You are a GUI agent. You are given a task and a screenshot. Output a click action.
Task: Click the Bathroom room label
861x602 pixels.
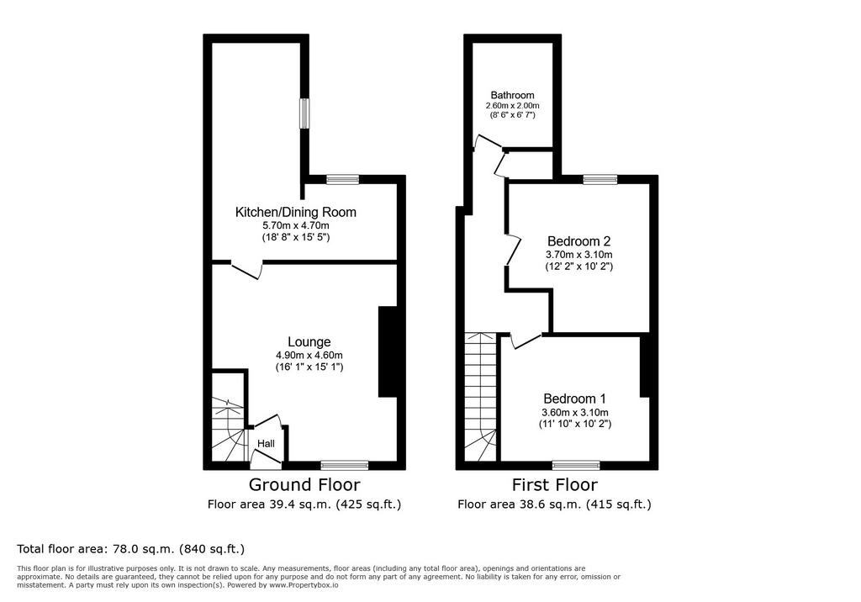click(x=512, y=95)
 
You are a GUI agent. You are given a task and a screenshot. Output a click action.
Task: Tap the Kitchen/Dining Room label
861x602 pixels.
click(x=295, y=212)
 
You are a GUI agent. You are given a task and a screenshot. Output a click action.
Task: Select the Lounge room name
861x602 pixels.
click(x=309, y=342)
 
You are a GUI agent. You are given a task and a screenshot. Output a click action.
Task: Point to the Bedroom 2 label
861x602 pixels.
click(x=578, y=241)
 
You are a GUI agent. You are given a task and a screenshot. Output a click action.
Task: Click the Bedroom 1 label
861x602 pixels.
click(x=574, y=399)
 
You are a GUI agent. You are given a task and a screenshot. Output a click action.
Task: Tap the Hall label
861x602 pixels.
click(x=267, y=443)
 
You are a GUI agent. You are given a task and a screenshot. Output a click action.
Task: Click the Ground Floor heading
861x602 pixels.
click(x=304, y=484)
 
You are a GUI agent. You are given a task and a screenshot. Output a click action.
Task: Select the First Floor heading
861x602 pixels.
click(x=555, y=484)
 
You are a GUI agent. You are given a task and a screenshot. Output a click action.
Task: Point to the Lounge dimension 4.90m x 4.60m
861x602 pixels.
click(x=309, y=356)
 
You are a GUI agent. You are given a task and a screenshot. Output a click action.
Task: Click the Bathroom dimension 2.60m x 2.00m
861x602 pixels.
click(x=512, y=105)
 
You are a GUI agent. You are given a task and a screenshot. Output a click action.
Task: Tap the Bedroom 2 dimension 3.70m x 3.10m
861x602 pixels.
click(x=578, y=254)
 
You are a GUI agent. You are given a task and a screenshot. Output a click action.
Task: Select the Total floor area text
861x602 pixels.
click(x=130, y=549)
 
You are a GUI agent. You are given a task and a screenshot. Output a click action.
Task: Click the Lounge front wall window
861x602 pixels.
click(x=344, y=465)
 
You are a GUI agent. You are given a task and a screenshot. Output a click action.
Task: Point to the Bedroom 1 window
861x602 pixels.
click(x=576, y=465)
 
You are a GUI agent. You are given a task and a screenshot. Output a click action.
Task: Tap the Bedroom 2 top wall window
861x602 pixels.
click(x=600, y=179)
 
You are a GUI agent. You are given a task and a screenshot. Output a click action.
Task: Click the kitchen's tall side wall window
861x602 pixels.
click(x=304, y=114)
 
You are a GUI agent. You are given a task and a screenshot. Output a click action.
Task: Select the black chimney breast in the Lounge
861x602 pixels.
click(x=388, y=351)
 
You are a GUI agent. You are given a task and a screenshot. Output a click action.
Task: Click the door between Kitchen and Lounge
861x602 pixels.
click(x=246, y=270)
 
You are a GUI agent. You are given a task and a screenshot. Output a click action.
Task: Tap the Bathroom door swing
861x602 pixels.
click(x=489, y=141)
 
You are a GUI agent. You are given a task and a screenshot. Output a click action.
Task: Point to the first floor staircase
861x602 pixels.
click(x=480, y=397)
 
